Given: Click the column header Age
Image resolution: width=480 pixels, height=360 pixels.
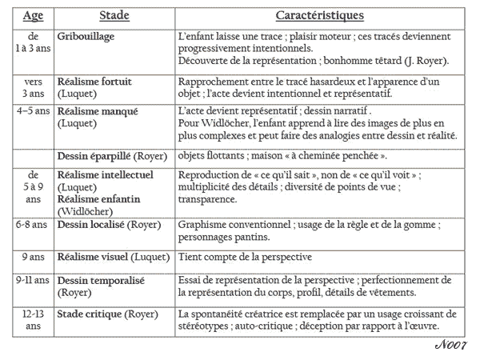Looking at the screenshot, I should point(33,16).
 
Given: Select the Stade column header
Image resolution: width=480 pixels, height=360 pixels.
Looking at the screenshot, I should point(114,16).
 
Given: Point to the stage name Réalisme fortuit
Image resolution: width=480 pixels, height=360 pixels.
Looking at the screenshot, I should point(94,82).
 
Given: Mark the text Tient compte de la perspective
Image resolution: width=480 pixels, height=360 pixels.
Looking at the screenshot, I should point(245,257).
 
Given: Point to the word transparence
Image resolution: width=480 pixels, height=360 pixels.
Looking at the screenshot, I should point(210,198).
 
